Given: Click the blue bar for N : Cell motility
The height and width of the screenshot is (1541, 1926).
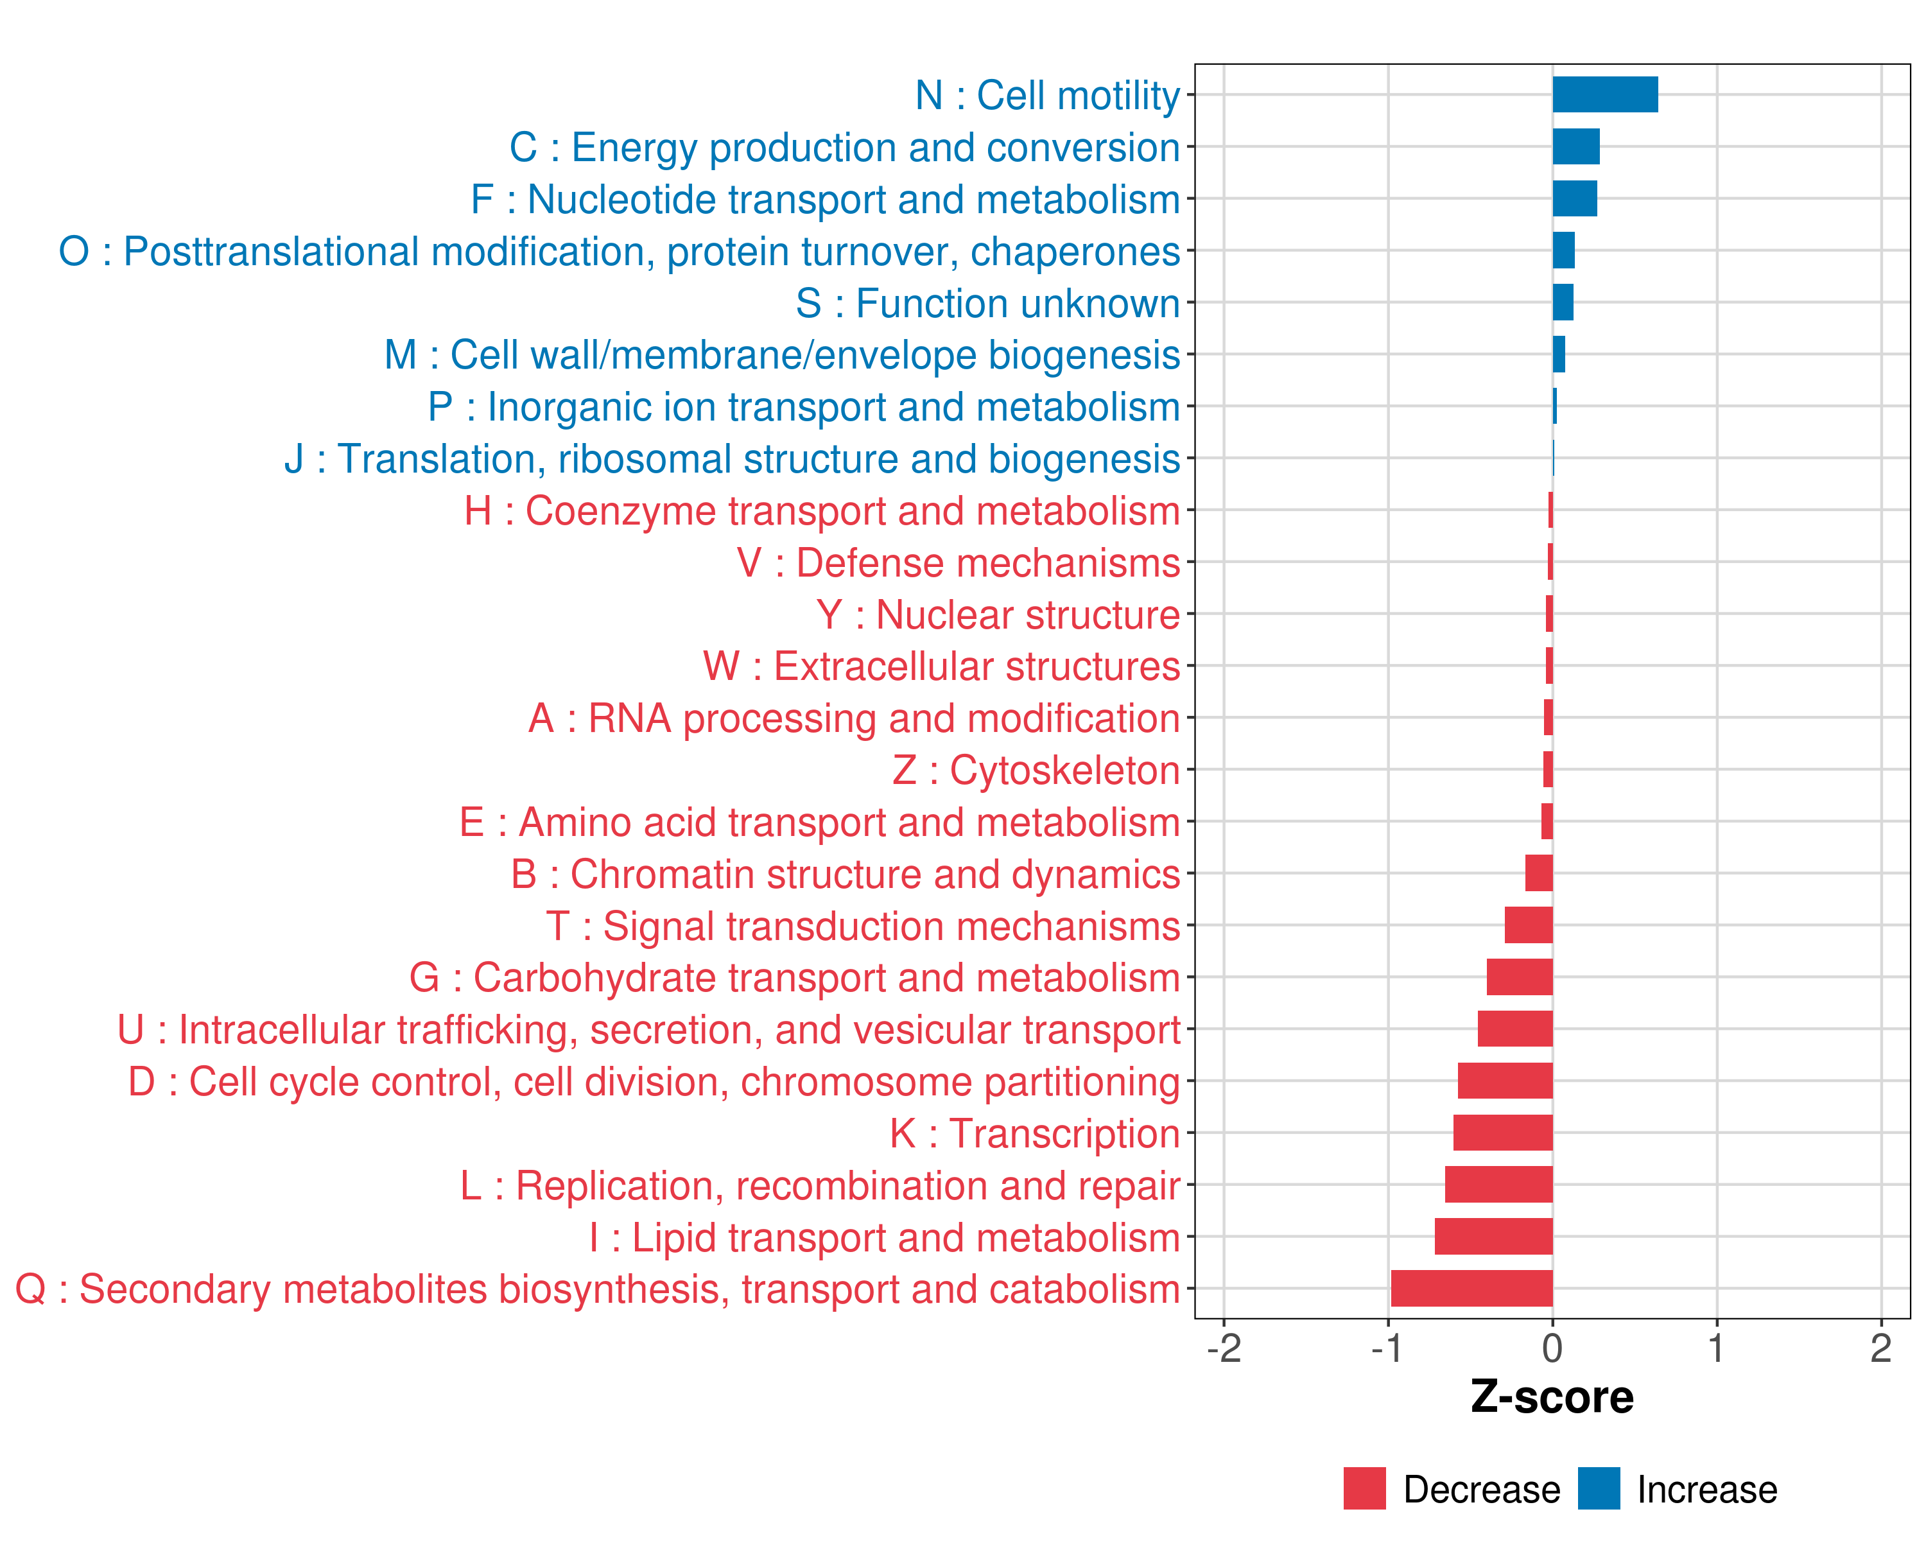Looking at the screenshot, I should click(x=1604, y=94).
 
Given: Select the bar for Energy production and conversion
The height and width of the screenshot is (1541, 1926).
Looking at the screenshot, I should click(x=1576, y=146).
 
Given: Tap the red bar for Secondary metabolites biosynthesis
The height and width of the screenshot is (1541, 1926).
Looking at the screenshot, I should click(x=1471, y=1288).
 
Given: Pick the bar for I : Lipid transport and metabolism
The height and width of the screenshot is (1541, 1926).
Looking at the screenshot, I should click(x=1494, y=1237).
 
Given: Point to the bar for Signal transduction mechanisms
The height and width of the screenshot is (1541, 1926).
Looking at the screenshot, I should click(x=1529, y=925).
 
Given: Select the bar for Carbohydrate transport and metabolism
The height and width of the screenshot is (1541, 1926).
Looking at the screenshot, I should click(x=1520, y=977).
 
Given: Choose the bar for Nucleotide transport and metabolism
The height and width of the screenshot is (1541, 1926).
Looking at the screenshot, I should click(x=1574, y=198).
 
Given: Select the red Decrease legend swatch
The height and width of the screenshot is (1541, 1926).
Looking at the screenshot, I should click(x=1364, y=1488).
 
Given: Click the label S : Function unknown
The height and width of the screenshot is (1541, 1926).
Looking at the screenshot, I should click(x=988, y=304).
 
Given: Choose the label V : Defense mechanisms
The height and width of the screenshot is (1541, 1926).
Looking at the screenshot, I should click(x=959, y=564).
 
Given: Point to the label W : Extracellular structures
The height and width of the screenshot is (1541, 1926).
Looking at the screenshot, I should click(x=942, y=667).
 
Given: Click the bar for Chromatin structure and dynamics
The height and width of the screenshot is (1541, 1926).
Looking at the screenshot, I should click(x=1538, y=874).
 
